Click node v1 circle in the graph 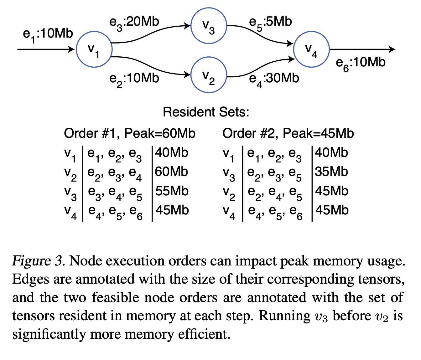(94, 49)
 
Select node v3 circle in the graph (209, 26)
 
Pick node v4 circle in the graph (311, 49)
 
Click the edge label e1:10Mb (48, 34)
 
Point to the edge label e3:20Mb (134, 22)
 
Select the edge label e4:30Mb (274, 79)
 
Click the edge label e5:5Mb (271, 22)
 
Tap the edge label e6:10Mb (361, 63)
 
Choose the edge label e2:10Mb (134, 79)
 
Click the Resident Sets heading (206, 112)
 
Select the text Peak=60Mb (160, 134)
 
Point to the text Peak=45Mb (318, 134)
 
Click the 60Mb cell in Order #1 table (171, 172)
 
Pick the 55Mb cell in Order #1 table (172, 191)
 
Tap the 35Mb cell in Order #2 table (331, 172)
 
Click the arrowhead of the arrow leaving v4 (392, 49)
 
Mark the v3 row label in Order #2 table (229, 173)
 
